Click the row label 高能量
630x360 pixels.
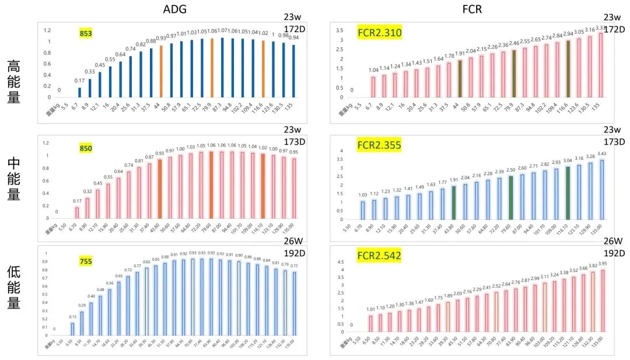15,82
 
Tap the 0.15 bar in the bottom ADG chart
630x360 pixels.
73,330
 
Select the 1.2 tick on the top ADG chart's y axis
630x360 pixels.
48,30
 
